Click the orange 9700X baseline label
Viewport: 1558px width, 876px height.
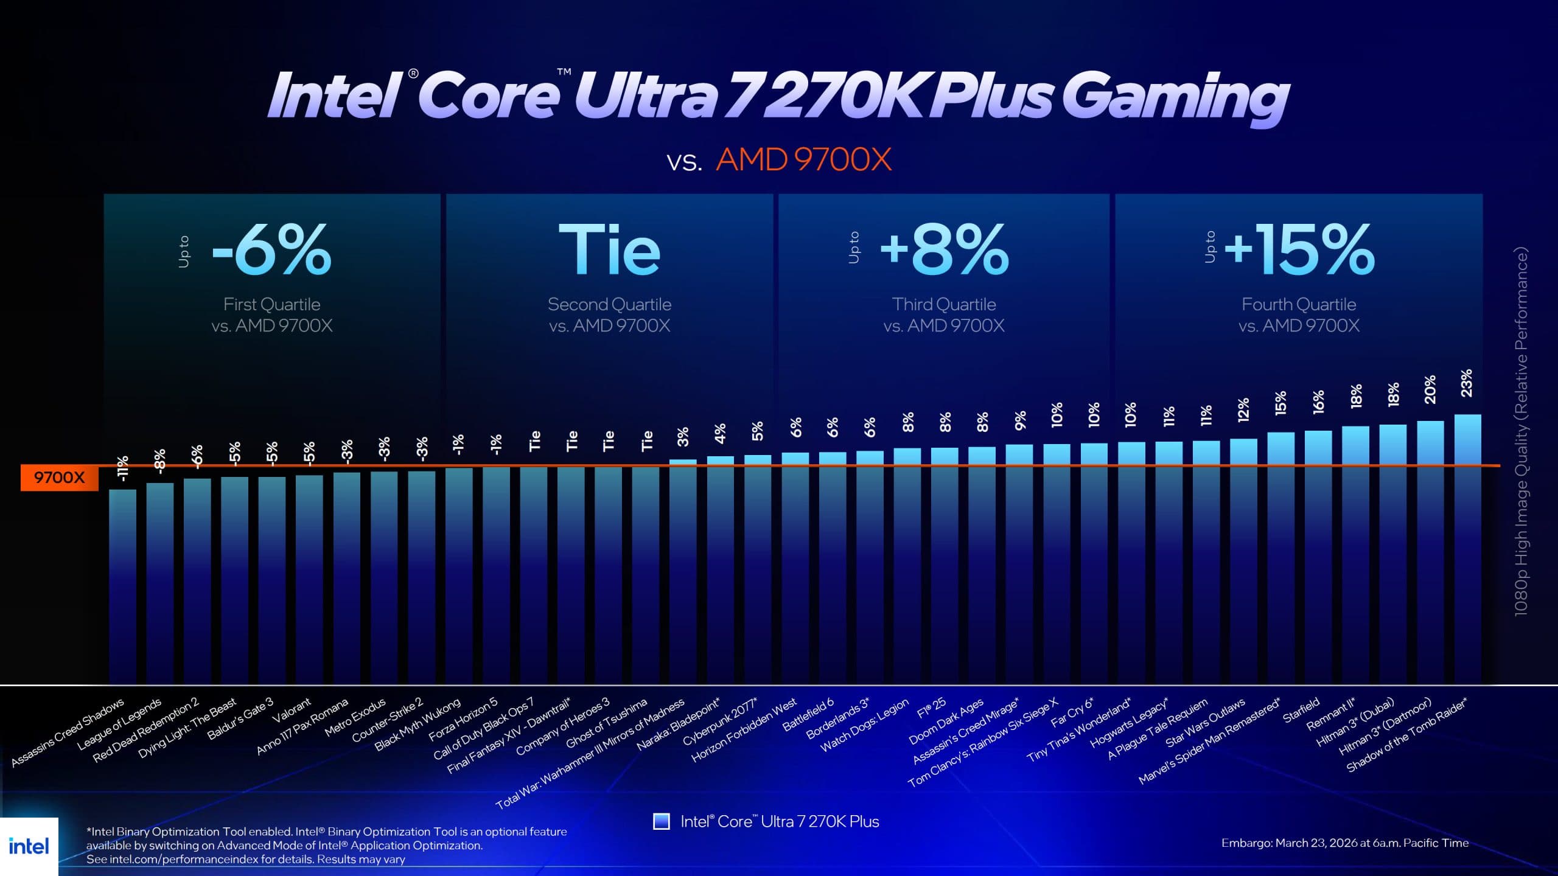pyautogui.click(x=59, y=478)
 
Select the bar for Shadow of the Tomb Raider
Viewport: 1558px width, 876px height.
pyautogui.click(x=1467, y=547)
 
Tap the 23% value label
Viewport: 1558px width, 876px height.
pyautogui.click(x=1467, y=383)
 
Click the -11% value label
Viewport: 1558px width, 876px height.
pyautogui.click(x=122, y=468)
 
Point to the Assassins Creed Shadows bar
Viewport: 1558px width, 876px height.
pyautogui.click(x=122, y=584)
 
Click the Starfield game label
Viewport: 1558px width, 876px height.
pyautogui.click(x=1301, y=710)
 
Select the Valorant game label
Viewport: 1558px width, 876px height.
pyautogui.click(x=292, y=711)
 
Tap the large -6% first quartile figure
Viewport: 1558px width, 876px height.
pyautogui.click(x=272, y=249)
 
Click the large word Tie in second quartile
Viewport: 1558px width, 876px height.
pyautogui.click(x=609, y=249)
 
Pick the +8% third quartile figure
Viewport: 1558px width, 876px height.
pyautogui.click(x=945, y=249)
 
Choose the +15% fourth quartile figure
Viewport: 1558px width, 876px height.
pyautogui.click(x=1299, y=249)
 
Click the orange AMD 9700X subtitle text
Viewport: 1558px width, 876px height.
pyautogui.click(x=803, y=160)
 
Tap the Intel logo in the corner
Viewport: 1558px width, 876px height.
pyautogui.click(x=29, y=846)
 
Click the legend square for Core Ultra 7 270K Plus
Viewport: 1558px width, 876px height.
pyautogui.click(x=661, y=821)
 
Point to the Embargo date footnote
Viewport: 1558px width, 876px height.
pyautogui.click(x=1344, y=843)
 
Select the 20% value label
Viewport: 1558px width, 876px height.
pyautogui.click(x=1430, y=389)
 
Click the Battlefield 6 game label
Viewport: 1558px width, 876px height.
pyautogui.click(x=808, y=715)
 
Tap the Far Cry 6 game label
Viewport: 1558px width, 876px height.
pyautogui.click(x=1072, y=712)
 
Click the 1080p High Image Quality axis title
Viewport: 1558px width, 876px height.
pyautogui.click(x=1521, y=432)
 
